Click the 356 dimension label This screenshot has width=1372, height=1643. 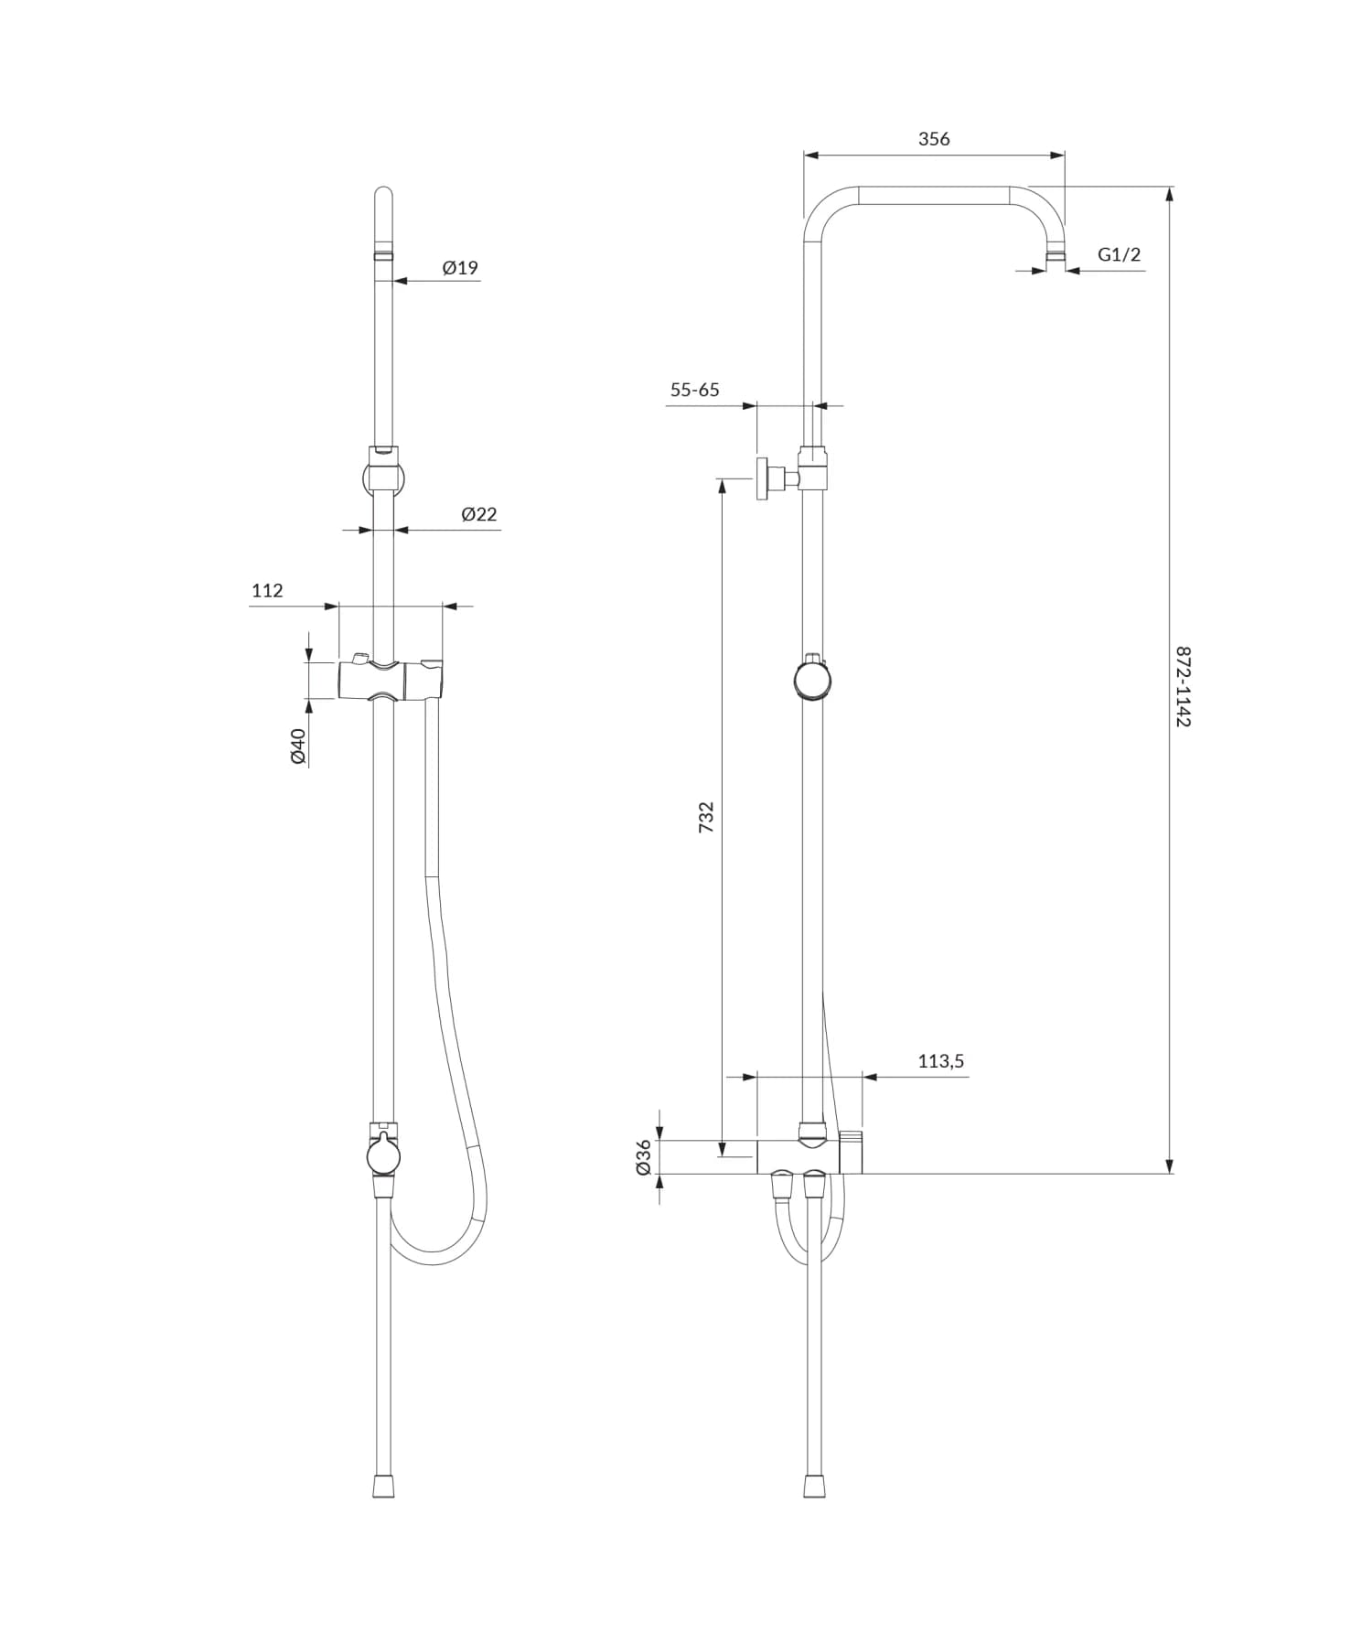click(x=934, y=139)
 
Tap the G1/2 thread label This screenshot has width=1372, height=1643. click(x=1119, y=254)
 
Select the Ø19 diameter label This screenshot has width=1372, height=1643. click(x=460, y=268)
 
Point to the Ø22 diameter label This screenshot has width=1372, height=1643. click(x=479, y=514)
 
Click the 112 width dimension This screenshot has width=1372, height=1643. click(x=267, y=591)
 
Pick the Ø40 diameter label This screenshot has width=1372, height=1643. click(x=298, y=746)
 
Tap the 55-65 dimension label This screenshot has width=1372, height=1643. click(x=694, y=390)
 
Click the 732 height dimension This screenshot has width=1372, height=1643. click(x=706, y=816)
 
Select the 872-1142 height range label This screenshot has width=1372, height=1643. click(x=1183, y=686)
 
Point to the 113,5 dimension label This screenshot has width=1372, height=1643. click(x=940, y=1061)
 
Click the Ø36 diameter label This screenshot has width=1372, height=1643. click(x=644, y=1156)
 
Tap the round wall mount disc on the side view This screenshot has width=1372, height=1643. click(x=761, y=478)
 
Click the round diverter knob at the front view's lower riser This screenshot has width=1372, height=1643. click(x=383, y=1155)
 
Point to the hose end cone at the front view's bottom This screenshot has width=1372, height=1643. click(x=383, y=1486)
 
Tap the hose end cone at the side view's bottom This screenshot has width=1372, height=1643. click(x=814, y=1486)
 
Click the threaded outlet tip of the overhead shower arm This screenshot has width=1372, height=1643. click(x=1056, y=256)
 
